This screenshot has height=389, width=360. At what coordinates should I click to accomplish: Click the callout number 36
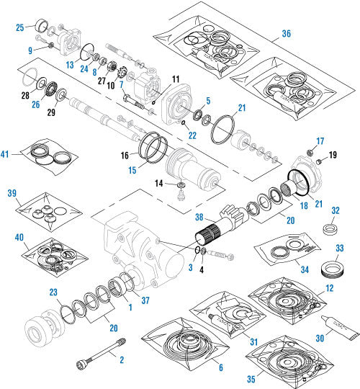click(x=287, y=34)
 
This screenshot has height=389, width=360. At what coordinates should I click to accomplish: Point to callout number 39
click(x=12, y=194)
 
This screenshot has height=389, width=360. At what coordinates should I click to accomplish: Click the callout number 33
click(x=340, y=249)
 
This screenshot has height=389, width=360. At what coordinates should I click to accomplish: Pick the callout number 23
click(x=53, y=292)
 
